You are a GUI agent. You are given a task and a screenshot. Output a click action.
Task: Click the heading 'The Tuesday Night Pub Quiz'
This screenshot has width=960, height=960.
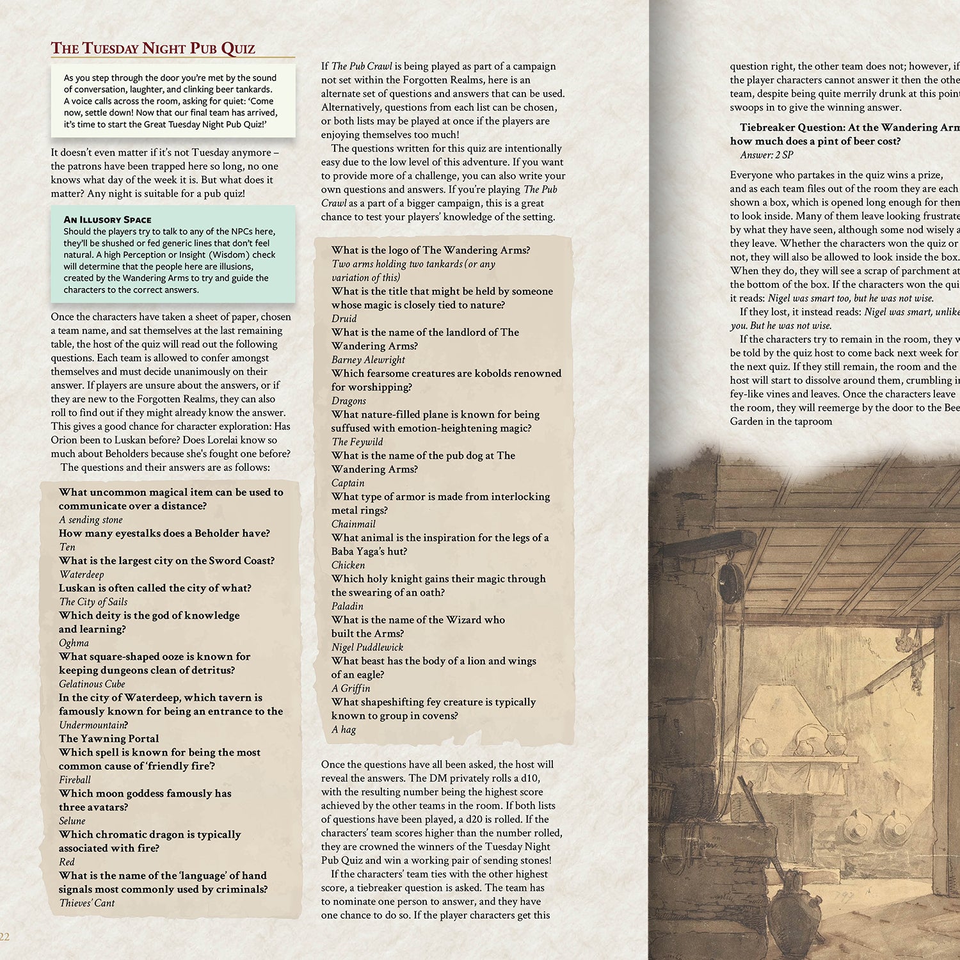(x=153, y=49)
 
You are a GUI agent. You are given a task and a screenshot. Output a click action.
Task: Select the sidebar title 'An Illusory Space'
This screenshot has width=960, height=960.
(x=108, y=220)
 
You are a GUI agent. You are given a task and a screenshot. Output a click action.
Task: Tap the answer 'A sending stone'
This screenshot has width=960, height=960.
(x=91, y=520)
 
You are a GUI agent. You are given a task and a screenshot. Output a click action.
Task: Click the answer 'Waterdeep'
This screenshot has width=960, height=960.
(x=81, y=574)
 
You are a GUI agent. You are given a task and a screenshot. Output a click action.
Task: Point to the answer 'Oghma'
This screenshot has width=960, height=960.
(x=74, y=643)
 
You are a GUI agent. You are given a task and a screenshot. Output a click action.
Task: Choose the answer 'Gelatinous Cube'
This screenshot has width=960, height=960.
(x=92, y=684)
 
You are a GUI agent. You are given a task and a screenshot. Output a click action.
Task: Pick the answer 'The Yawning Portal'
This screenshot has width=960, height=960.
(x=109, y=739)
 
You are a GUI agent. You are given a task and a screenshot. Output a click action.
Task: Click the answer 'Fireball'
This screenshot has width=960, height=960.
(x=75, y=780)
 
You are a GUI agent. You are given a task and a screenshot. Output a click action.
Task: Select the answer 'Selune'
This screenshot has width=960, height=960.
(x=72, y=820)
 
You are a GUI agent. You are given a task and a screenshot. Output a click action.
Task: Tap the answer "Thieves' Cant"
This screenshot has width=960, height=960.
(x=87, y=903)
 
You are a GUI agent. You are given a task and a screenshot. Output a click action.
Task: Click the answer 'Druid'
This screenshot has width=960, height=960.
(x=344, y=319)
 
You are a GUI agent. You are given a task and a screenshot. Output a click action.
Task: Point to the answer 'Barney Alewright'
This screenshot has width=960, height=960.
(x=369, y=360)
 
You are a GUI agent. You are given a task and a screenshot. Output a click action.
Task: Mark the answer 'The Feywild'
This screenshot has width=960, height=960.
(x=358, y=442)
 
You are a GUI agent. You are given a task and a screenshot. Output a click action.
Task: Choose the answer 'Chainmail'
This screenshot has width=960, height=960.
(x=353, y=524)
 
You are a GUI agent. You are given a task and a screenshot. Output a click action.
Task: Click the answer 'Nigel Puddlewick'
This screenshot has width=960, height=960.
(x=367, y=647)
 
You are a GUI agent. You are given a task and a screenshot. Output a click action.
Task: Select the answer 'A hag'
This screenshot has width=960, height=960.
(x=344, y=730)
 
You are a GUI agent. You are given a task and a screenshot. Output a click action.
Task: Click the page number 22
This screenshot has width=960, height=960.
(x=4, y=937)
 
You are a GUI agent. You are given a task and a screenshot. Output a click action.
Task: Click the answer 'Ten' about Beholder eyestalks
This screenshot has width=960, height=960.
(x=67, y=547)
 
